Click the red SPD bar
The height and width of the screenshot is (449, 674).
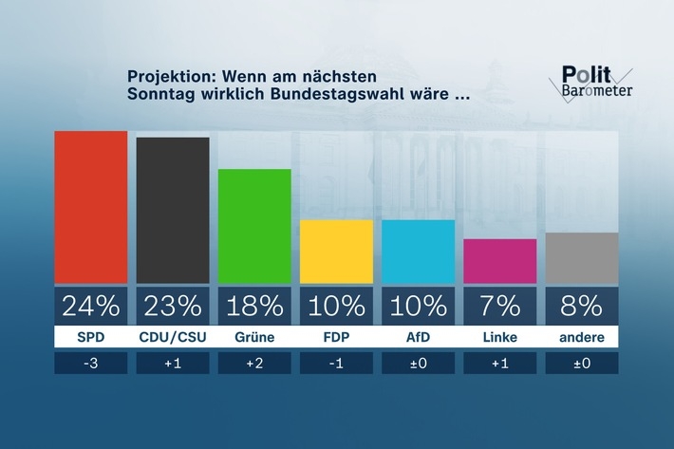tap(91, 207)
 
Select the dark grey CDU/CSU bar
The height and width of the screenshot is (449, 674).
tap(173, 210)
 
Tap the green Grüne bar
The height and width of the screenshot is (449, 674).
tap(254, 226)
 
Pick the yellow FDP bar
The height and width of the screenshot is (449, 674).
tap(337, 252)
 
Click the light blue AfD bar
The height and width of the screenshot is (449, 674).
tap(419, 252)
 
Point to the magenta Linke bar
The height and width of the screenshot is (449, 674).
tap(500, 261)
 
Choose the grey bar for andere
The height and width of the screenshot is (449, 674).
tap(582, 258)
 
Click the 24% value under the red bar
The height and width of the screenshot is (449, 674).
tap(91, 306)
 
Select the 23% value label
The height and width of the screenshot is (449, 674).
tap(173, 306)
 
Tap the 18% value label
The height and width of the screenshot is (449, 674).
tap(254, 306)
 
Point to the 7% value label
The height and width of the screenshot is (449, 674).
tap(500, 306)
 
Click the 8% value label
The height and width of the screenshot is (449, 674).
tap(582, 306)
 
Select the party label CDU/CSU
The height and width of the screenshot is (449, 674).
tap(173, 336)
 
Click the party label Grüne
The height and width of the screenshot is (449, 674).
tap(254, 336)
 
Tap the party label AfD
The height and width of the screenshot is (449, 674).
tap(419, 336)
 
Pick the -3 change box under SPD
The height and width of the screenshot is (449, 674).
tap(91, 364)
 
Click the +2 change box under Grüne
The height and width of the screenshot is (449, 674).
tap(254, 364)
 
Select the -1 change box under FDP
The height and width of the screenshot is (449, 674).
tap(337, 364)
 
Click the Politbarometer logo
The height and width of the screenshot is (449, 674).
tap(595, 83)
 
